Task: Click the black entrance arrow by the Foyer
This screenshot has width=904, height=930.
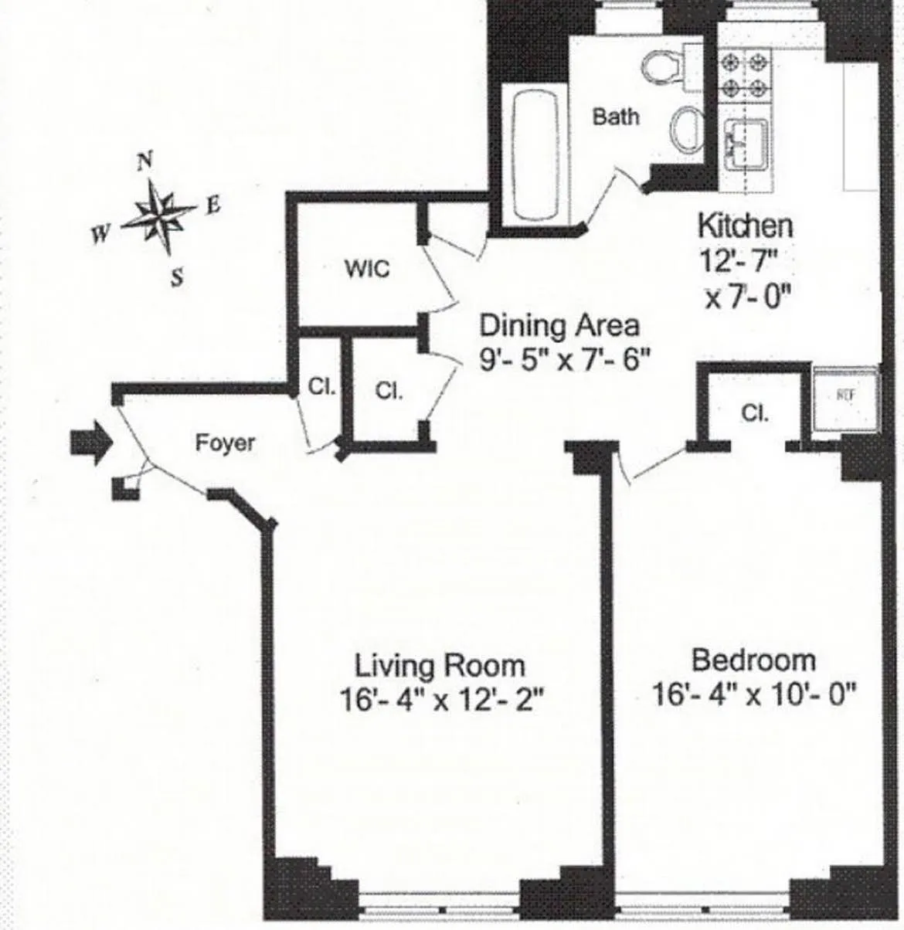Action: click(91, 444)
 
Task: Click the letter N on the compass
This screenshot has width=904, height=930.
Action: click(144, 161)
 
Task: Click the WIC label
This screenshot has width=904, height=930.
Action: click(367, 270)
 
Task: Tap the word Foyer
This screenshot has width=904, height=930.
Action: click(224, 443)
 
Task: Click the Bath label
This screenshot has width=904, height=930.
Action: click(616, 117)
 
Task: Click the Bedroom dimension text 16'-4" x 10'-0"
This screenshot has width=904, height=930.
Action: click(754, 694)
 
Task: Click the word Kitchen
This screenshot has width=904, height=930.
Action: click(745, 226)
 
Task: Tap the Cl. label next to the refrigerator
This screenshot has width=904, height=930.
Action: click(754, 413)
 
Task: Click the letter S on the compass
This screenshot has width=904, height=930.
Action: click(178, 277)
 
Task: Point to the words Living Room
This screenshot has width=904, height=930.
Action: click(439, 665)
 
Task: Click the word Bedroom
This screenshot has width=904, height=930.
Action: click(753, 660)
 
